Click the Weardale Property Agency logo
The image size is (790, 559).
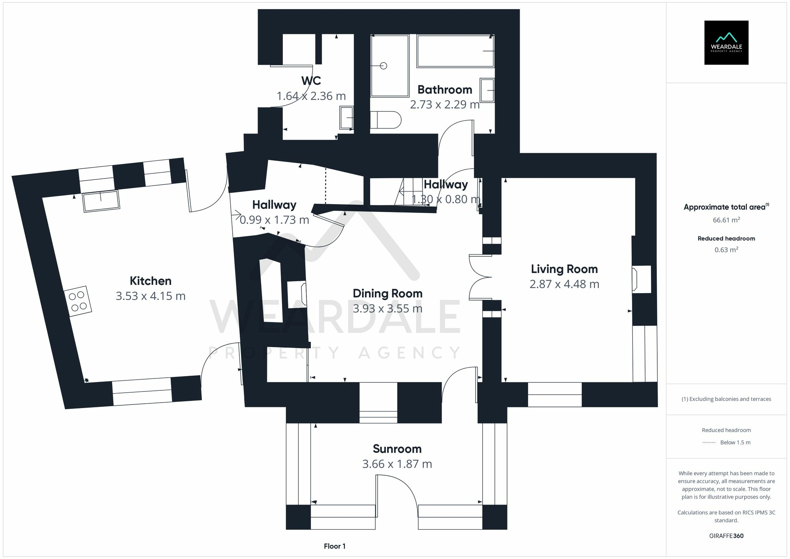pos(726,42)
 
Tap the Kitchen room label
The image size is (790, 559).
pos(150,281)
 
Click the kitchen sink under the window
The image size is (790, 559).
pos(101,201)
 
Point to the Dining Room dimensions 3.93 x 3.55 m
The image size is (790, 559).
pos(387,309)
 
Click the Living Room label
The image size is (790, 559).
pos(564,269)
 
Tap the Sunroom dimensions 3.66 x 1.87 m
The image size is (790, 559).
pos(397,464)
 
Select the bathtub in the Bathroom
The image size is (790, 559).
pos(455,51)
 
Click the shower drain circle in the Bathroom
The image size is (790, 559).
pos(383,66)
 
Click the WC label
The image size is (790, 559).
pos(311,81)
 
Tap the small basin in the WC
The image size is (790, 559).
pos(346,118)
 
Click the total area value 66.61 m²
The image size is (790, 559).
pos(726,220)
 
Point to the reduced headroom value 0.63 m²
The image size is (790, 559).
pos(726,250)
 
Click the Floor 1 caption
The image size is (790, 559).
pos(335,546)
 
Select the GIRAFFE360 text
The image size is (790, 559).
pos(726,536)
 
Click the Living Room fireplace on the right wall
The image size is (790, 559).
pos(641,279)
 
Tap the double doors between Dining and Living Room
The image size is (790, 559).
pos(480,277)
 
